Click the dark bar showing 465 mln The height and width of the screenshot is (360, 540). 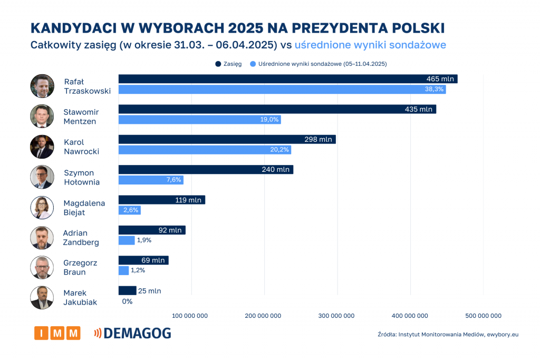click(x=287, y=79)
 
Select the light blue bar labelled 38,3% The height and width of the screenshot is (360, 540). click(x=282, y=90)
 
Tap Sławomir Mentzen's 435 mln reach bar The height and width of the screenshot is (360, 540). click(x=277, y=109)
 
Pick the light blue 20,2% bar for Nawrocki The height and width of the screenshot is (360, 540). click(x=205, y=150)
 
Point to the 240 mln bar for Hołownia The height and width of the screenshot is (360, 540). click(x=206, y=170)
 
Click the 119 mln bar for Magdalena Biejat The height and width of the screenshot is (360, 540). click(x=161, y=200)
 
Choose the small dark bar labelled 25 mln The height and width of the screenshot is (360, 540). click(x=127, y=290)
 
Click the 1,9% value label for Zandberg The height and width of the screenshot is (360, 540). click(x=144, y=240)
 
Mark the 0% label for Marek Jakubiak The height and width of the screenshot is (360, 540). click(x=127, y=301)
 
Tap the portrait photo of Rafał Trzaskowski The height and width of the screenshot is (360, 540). click(x=42, y=86)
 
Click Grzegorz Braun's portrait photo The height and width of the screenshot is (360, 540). click(x=42, y=267)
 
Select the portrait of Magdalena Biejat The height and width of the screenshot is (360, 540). click(x=42, y=207)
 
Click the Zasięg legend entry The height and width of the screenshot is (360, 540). click(x=229, y=64)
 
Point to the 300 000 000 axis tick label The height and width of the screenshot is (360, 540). click(x=337, y=316)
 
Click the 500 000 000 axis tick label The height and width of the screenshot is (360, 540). click(x=484, y=316)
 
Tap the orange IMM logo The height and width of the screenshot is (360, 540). click(x=57, y=333)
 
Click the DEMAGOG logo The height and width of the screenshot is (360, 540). click(x=132, y=333)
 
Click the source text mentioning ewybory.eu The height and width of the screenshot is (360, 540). click(x=448, y=335)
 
